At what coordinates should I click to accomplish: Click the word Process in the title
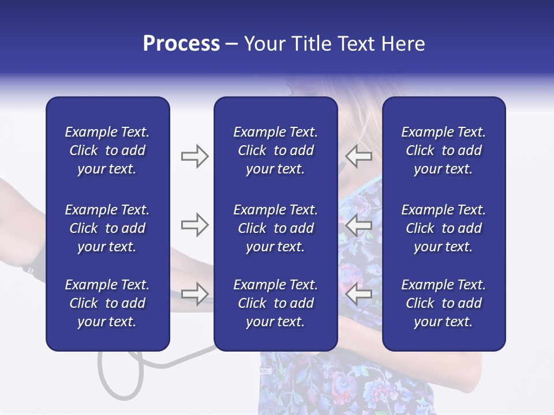(x=181, y=44)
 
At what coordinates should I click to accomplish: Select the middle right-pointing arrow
(x=194, y=225)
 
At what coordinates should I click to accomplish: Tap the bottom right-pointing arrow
(x=194, y=294)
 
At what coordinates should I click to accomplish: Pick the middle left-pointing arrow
(x=358, y=225)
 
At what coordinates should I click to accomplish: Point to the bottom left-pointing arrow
(x=358, y=294)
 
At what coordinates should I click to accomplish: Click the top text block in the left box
(x=107, y=150)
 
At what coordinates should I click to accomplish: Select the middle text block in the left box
(x=107, y=228)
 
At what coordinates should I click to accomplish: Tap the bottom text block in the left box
(x=107, y=303)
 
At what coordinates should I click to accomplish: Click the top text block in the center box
(x=275, y=150)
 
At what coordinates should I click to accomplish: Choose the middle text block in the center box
(x=275, y=228)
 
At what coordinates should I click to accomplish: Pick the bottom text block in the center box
(x=275, y=303)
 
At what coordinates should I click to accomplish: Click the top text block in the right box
(x=443, y=150)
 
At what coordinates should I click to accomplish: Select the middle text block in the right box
(x=443, y=228)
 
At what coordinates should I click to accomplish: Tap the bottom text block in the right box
(x=443, y=303)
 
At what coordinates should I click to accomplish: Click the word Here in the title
(x=403, y=44)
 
